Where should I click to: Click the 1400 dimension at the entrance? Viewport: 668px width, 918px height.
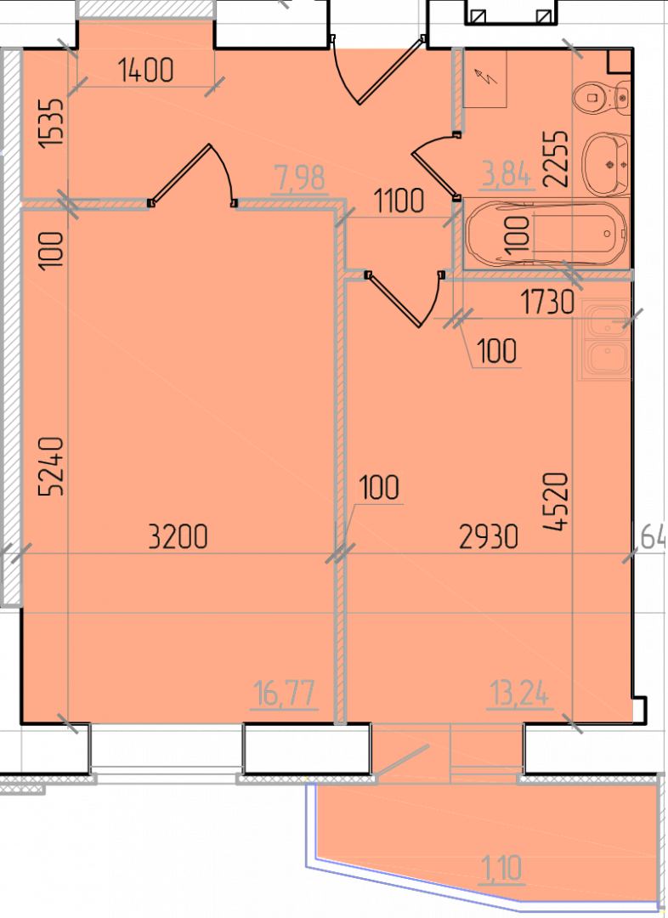146,71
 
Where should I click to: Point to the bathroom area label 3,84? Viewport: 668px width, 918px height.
507,175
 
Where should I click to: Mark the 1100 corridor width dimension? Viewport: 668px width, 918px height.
399,201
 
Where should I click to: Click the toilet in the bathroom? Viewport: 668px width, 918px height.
602,96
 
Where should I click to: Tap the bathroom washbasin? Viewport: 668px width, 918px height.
606,164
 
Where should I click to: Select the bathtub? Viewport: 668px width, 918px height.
546,234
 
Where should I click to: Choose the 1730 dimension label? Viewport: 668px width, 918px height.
547,303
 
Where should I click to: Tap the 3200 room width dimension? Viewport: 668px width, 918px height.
178,536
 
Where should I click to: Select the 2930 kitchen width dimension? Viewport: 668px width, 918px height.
489,536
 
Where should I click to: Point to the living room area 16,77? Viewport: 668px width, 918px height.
285,695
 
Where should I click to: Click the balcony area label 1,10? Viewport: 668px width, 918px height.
502,869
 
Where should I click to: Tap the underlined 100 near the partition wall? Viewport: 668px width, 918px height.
380,488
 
